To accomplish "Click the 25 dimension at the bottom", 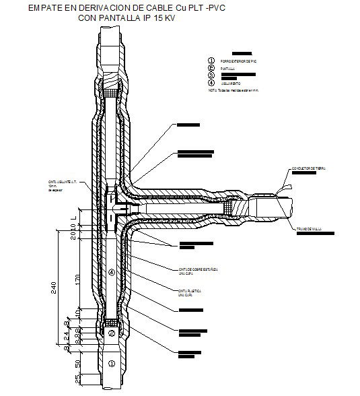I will point(78,383).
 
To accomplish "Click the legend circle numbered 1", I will point(211,61).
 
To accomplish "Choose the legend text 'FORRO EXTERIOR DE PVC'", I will point(239,61).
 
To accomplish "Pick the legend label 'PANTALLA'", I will point(227,69).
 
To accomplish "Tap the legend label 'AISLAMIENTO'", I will point(231,84).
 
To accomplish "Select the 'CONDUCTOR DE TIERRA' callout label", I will point(309,168).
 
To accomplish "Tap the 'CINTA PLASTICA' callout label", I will point(191,290).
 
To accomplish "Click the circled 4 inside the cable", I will point(111,272).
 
